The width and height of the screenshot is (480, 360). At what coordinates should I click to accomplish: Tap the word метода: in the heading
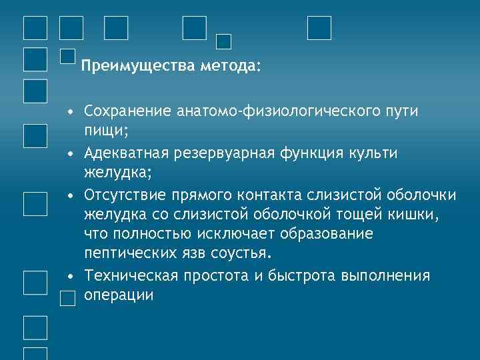coord(229,67)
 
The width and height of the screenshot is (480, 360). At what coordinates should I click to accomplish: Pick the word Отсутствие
coord(125,195)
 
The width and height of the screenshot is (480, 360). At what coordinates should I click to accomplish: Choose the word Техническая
coord(127,276)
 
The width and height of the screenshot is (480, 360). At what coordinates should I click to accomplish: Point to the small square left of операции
coord(67,299)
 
